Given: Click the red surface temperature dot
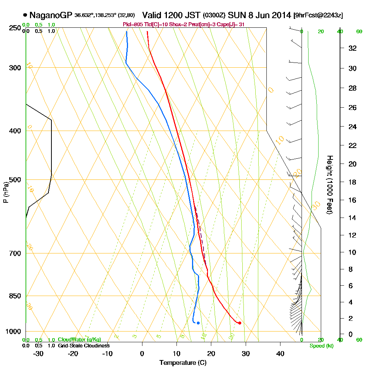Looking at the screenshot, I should click(240, 323).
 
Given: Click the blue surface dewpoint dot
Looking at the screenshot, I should click(198, 323).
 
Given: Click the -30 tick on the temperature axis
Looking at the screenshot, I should click(38, 353).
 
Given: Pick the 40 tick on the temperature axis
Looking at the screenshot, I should click(280, 353).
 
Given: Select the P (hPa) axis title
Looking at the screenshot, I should click(6, 192).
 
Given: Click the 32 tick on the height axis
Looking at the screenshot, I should click(352, 48).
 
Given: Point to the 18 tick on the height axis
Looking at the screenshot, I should click(352, 182).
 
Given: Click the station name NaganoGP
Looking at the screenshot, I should click(51, 15).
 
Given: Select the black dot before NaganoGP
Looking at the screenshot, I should click(25, 15).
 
